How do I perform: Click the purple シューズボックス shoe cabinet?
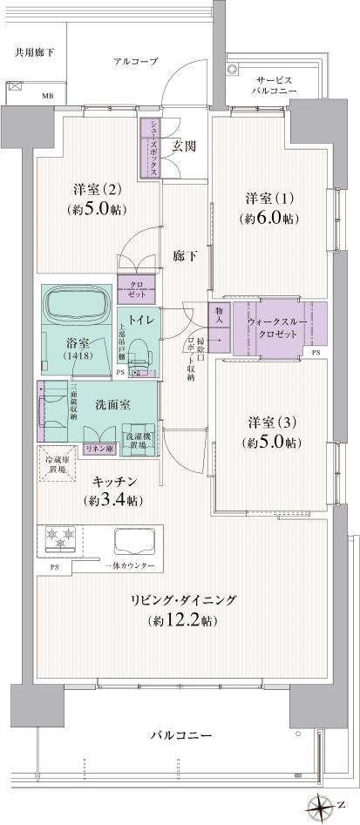(x=149, y=146)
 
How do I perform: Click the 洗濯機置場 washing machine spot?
(x=138, y=439)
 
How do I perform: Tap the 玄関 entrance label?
(x=183, y=145)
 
